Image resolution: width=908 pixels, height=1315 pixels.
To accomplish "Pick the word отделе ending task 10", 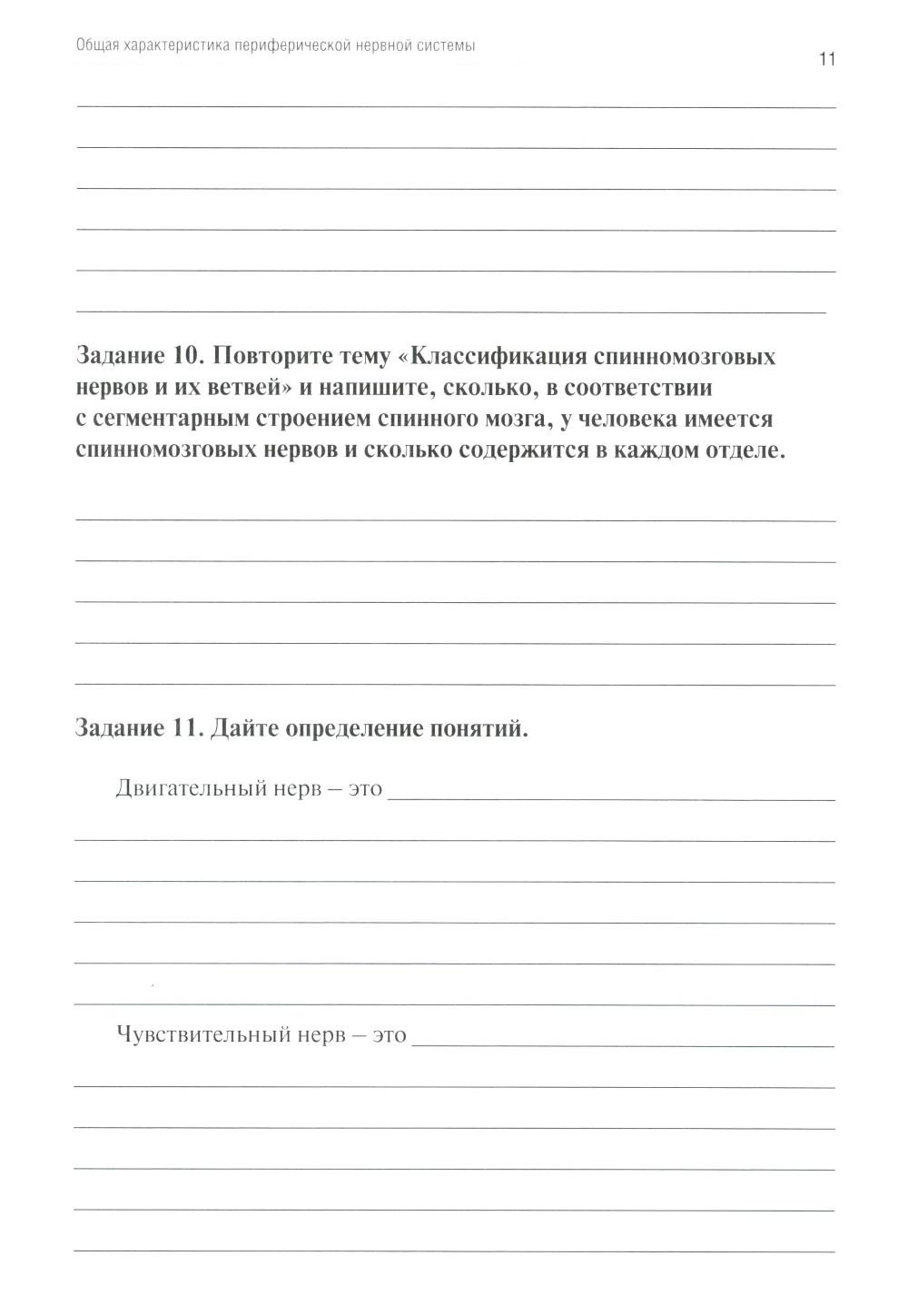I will coord(742,452).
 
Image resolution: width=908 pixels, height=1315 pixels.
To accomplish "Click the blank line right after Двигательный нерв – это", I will coord(610,796).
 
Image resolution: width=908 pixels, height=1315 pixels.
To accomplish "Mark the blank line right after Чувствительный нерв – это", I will coord(622,1043).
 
